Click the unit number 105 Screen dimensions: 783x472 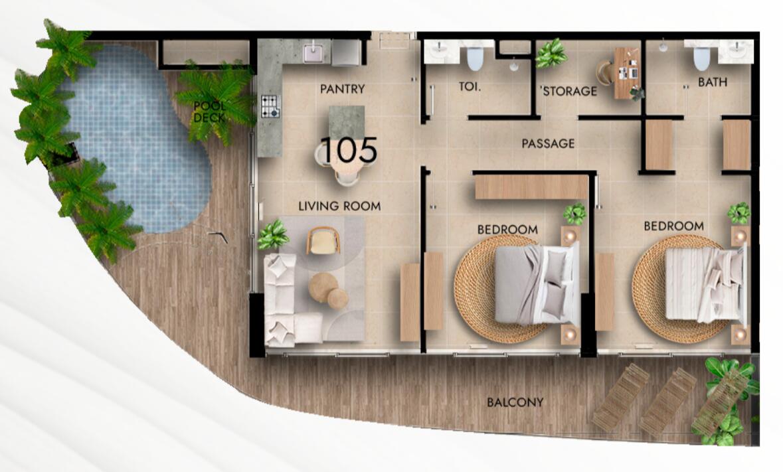tap(349, 150)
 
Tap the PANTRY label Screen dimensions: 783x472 tap(343, 90)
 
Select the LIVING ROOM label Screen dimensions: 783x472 tap(339, 206)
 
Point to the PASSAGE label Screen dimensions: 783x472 tap(548, 143)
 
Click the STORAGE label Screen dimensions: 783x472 tap(570, 92)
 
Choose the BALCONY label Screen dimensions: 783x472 tap(515, 402)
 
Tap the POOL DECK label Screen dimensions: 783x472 tap(210, 112)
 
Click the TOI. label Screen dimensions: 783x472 tap(470, 86)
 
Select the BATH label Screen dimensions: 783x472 tap(713, 82)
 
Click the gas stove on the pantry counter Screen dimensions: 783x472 tap(270, 106)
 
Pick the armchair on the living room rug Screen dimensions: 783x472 tap(323, 240)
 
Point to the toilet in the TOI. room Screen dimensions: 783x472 tap(474, 58)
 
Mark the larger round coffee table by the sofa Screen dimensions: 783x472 tap(323, 287)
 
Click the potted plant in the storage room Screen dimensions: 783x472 tap(551, 53)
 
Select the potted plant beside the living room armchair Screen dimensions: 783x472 tap(273, 235)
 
